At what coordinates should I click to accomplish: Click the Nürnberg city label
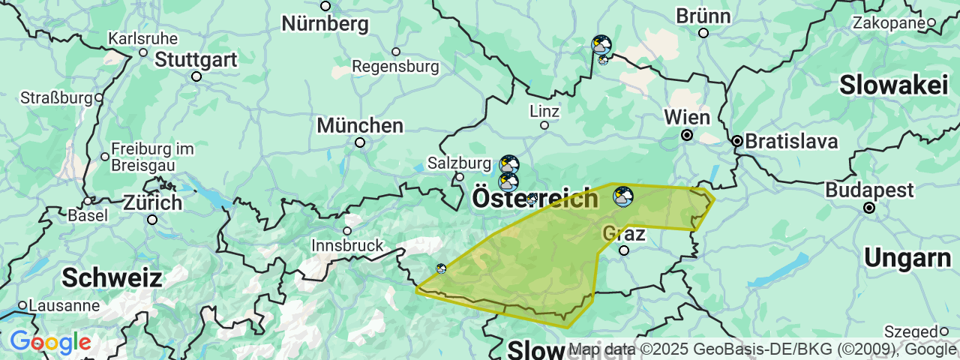[x=325, y=23]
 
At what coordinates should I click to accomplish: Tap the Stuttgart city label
[x=196, y=59]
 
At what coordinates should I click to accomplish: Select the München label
[x=360, y=124]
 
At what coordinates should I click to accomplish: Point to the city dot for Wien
[x=687, y=135]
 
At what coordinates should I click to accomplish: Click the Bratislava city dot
[x=737, y=141]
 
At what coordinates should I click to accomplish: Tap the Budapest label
[x=869, y=190]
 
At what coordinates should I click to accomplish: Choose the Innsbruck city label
[x=347, y=245]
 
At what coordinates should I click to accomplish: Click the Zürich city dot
[x=152, y=220]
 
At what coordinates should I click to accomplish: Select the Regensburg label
[x=395, y=67]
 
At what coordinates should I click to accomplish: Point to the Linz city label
[x=544, y=111]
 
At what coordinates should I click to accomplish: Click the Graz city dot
[x=623, y=250]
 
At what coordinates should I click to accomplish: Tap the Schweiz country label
[x=112, y=277]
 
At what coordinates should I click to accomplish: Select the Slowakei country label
[x=893, y=85]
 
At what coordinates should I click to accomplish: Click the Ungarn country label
[x=907, y=258]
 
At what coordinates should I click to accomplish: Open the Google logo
[x=50, y=342]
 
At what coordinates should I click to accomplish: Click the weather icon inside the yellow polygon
[x=622, y=196]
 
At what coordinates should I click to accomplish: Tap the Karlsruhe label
[x=142, y=38]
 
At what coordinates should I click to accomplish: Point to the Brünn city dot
[x=703, y=33]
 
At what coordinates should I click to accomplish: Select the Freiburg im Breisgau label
[x=152, y=156]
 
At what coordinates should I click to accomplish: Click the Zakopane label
[x=889, y=23]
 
